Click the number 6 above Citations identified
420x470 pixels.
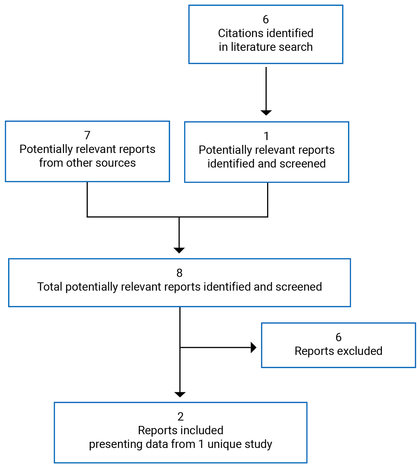265,20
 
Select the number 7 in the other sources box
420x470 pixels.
87,135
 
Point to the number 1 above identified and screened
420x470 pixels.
266,136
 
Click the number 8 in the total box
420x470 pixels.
179,273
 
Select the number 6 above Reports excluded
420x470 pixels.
338,337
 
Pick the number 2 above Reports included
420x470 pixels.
180,417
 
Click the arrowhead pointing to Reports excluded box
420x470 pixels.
254,347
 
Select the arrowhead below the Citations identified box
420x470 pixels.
266,113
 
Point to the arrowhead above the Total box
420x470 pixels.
179,250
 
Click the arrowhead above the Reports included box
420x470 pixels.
180,394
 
